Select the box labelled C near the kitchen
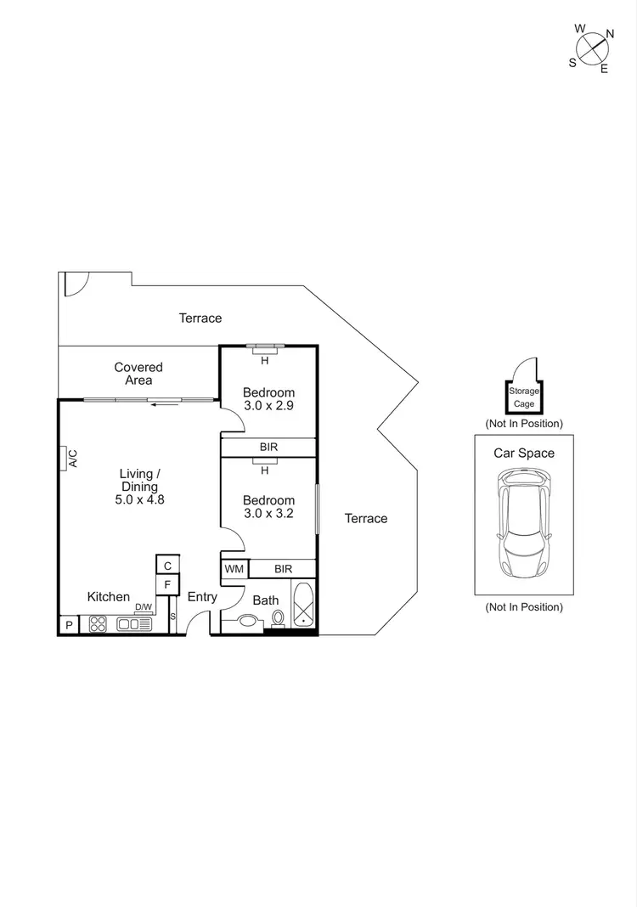pyautogui.click(x=167, y=566)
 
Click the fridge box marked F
pyautogui.click(x=167, y=584)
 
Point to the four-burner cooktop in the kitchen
pyautogui.click(x=97, y=624)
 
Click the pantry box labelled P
pyautogui.click(x=68, y=626)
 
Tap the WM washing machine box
pyautogui.click(x=234, y=568)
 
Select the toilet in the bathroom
pyautogui.click(x=278, y=617)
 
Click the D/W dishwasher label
pyautogui.click(x=144, y=606)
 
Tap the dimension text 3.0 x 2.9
pyautogui.click(x=268, y=406)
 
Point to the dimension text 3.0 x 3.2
pyautogui.click(x=268, y=513)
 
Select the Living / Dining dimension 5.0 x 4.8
pyautogui.click(x=139, y=500)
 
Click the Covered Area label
pyautogui.click(x=138, y=374)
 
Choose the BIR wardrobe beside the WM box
pyautogui.click(x=283, y=568)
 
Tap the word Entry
pyautogui.click(x=202, y=597)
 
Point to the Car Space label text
pyautogui.click(x=524, y=453)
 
